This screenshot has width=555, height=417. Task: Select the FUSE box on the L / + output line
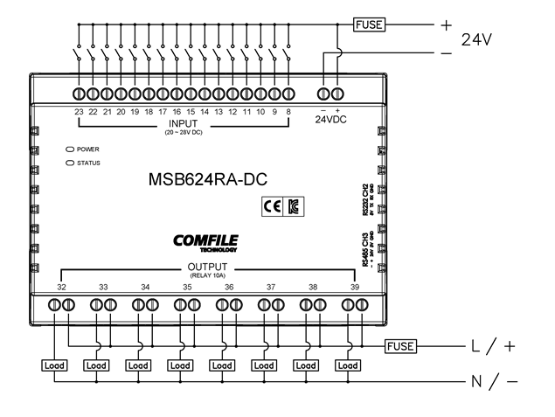(401, 345)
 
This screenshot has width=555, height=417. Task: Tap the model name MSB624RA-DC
(208, 180)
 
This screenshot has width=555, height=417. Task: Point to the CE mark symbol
(270, 207)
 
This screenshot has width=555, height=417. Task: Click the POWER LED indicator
(70, 149)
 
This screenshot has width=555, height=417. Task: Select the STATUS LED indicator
(70, 163)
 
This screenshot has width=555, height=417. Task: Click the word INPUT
(184, 123)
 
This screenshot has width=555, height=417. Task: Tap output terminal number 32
(61, 286)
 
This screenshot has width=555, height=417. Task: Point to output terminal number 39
(354, 286)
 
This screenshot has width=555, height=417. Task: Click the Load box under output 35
(179, 365)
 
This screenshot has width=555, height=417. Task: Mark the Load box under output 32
(54, 365)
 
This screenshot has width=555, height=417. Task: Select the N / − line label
(495, 382)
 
